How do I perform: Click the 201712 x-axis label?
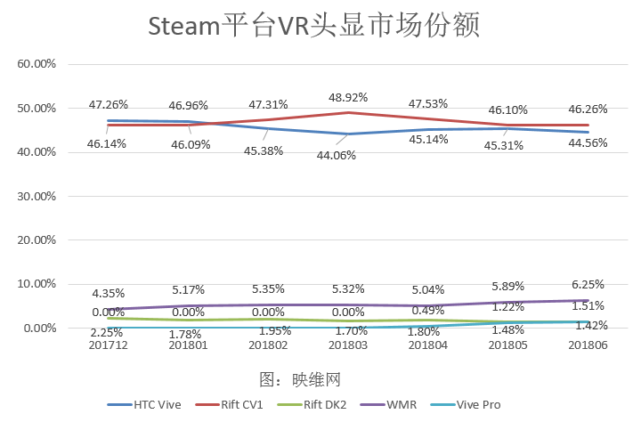tap(108, 345)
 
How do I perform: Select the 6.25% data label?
tap(588, 284)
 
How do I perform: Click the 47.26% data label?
tap(108, 104)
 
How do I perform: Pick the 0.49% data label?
tap(429, 311)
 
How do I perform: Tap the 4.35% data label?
tap(108, 293)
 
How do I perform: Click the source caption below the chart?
tap(300, 379)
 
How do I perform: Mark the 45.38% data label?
tap(264, 150)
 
